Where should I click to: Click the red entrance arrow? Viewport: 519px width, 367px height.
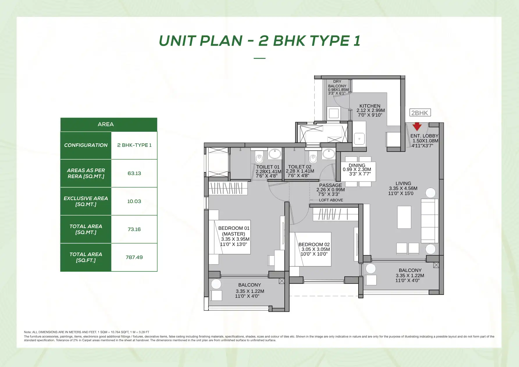point(417,127)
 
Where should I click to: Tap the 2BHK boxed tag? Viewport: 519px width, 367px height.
point(420,113)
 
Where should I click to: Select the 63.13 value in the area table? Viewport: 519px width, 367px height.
point(134,173)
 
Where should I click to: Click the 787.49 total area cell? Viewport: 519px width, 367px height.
point(134,257)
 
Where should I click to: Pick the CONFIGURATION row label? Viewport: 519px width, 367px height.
point(86,145)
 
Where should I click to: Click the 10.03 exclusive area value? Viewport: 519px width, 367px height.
point(134,201)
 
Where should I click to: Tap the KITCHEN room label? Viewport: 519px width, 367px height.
point(370,106)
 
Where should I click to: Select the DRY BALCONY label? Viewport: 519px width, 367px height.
point(337,84)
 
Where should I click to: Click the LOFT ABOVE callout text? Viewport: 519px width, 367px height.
point(331,200)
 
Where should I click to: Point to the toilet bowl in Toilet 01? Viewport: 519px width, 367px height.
point(259,158)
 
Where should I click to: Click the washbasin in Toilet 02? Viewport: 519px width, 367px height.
point(329,154)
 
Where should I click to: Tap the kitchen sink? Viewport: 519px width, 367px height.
point(359,139)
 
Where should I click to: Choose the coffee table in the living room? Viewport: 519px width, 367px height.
point(404,217)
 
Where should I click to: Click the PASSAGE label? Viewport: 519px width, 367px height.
point(331,185)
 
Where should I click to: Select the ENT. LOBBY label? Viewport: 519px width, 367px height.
point(424,136)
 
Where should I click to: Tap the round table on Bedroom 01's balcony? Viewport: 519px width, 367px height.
point(216,284)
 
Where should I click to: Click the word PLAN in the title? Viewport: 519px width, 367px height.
point(221,41)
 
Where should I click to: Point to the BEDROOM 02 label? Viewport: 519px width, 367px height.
point(314,245)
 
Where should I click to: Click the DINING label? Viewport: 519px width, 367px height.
point(357,165)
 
